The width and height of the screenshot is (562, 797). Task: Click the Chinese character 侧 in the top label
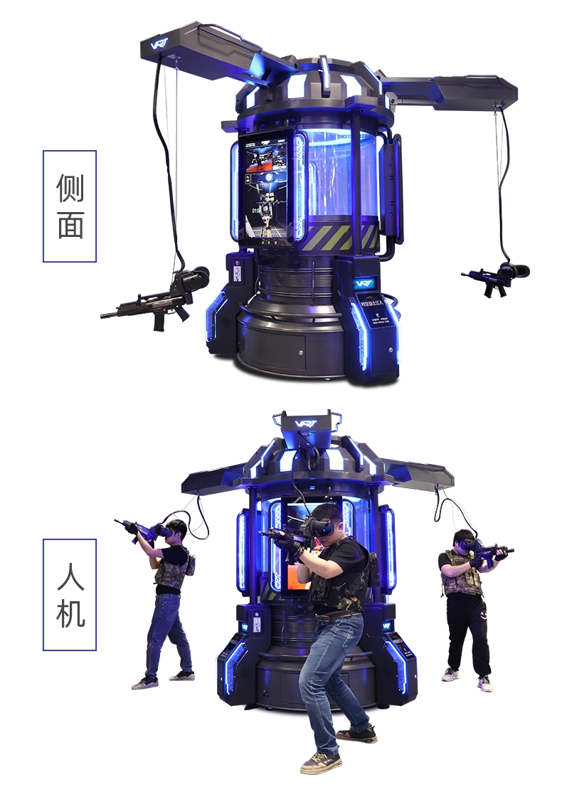(70, 187)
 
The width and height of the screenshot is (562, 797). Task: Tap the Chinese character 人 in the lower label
(70, 576)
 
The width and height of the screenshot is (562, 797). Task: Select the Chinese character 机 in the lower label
(70, 613)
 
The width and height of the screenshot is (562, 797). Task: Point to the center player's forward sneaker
(320, 762)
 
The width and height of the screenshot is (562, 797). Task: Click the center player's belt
(339, 617)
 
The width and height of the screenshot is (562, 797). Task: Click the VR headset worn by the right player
(466, 545)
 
